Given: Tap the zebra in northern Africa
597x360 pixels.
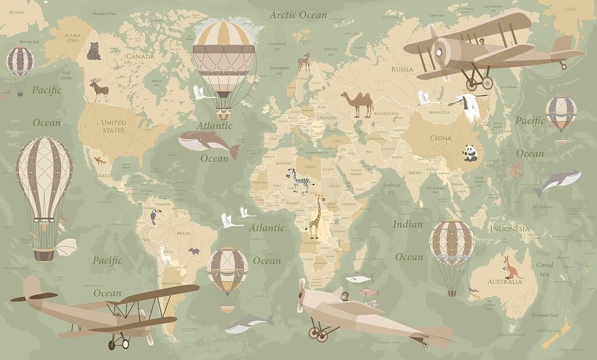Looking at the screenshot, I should click(300, 179).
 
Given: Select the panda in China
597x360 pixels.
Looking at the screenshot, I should click(470, 153).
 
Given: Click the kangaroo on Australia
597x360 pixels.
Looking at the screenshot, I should click(511, 267).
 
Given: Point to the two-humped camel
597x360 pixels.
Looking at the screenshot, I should click(357, 104).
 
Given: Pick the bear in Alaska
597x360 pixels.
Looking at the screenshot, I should click(93, 51).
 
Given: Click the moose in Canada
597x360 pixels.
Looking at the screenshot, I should click(99, 90).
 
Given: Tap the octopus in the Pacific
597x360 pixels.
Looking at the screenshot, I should click(515, 170).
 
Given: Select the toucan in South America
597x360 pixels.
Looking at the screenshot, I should click(153, 216).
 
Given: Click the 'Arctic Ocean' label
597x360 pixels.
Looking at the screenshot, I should click(298, 15).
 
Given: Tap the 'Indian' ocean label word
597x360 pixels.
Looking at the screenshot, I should click(408, 224).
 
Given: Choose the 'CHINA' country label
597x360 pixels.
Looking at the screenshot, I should click(441, 138).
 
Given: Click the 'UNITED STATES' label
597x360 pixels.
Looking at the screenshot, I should click(114, 126).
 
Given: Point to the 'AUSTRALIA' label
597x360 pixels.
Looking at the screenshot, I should click(505, 282).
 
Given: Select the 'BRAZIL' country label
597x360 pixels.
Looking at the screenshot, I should click(184, 233).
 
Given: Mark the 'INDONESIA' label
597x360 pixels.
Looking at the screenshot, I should click(510, 228).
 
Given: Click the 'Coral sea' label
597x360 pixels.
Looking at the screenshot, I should click(545, 269).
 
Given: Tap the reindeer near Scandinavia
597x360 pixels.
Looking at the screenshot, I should click(304, 61).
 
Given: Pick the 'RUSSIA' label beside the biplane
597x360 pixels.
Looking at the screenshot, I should click(402, 69).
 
